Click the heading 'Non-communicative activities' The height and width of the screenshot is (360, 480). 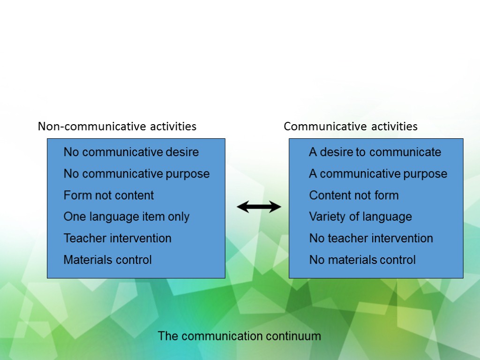click(x=117, y=127)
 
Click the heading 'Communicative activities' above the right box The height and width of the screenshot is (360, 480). click(x=351, y=127)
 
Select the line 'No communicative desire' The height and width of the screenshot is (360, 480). click(x=131, y=152)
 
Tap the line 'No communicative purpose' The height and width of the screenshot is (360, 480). click(x=136, y=174)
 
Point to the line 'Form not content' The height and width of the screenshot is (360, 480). click(x=109, y=195)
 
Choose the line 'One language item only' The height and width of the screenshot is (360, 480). click(x=127, y=217)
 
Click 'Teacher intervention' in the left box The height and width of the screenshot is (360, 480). click(x=118, y=238)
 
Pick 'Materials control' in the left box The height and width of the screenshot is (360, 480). click(x=108, y=260)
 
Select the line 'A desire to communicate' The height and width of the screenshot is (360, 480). click(x=375, y=152)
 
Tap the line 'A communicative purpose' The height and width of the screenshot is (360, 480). click(x=378, y=174)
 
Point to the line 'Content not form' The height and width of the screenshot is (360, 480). click(x=354, y=195)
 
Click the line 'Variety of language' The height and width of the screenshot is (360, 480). click(x=360, y=217)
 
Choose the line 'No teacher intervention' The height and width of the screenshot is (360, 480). click(x=371, y=238)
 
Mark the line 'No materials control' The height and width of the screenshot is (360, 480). click(x=362, y=260)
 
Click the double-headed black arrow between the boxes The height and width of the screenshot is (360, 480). click(x=259, y=207)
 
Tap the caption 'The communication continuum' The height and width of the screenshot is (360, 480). click(x=239, y=336)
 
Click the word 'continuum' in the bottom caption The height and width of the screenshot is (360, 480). click(x=293, y=336)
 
